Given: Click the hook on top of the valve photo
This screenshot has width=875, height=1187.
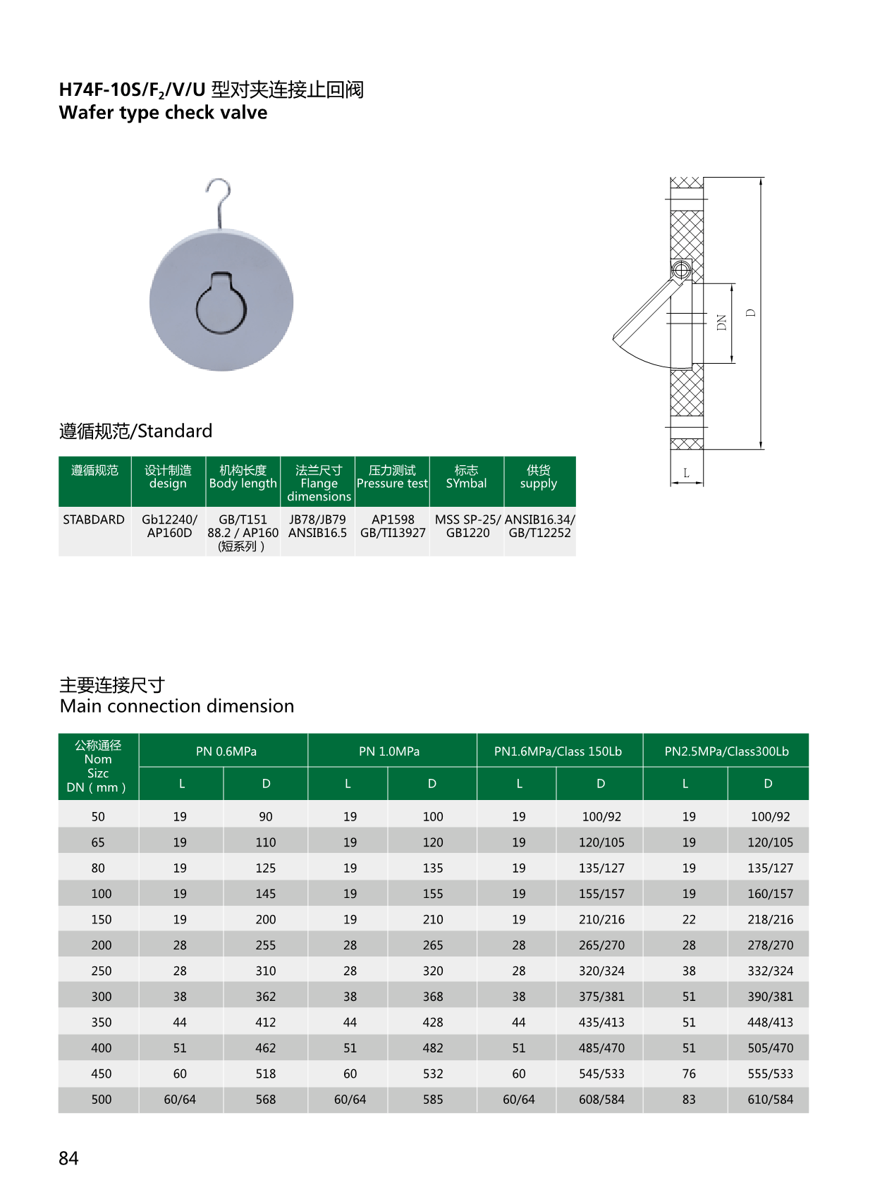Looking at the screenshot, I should coord(220,200).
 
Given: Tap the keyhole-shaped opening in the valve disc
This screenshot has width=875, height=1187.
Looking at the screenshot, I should coord(221,304).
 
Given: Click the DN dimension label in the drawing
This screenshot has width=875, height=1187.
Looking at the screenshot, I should coord(721,323).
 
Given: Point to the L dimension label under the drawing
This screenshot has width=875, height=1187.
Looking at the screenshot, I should coord(686,473).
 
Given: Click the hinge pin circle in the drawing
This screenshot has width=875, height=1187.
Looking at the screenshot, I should coord(681,269).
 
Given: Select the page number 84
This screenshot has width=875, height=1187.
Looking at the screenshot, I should coord(68,1158).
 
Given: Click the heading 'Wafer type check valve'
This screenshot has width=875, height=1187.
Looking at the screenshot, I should coord(164,113).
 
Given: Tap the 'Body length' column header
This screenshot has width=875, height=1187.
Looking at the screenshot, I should coord(243,477).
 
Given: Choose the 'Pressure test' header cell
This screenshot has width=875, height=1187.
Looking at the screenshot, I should coord(392,477).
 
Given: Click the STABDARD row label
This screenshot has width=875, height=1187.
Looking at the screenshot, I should coord(94,519).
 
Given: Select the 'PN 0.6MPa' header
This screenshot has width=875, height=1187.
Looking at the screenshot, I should coord(226,751).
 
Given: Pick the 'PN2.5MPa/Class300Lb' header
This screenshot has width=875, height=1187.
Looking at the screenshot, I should coord(726,751).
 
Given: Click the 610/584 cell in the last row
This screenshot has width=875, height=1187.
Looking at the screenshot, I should coord(770,1099).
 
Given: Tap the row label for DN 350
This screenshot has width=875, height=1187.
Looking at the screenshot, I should coord(101,1022).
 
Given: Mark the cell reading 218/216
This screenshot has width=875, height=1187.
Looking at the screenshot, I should coord(770,919).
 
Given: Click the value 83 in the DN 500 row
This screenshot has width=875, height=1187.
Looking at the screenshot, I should coord(689,1099).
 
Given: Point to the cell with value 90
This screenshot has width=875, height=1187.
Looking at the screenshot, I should coord(265,816).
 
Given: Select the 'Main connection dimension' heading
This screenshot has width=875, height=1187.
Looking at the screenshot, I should coord(177,706).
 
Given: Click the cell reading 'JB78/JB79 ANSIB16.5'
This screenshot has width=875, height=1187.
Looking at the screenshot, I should coord(317,527).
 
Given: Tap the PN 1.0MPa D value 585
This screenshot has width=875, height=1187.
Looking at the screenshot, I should coord(433,1099).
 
